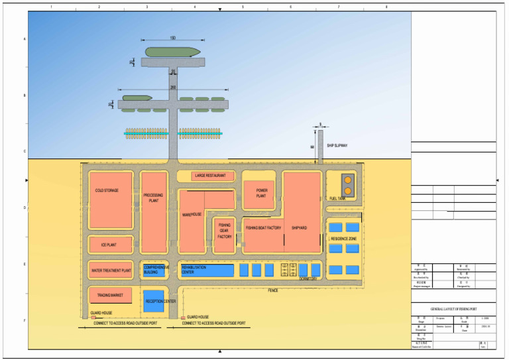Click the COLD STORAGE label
107,191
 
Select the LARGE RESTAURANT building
205,176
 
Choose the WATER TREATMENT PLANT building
111,270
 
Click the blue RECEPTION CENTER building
154,301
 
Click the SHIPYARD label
299,228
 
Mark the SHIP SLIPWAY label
337,145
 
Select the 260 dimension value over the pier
173,88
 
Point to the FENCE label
272,290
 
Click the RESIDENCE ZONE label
343,238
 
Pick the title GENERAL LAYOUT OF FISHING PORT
454,310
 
